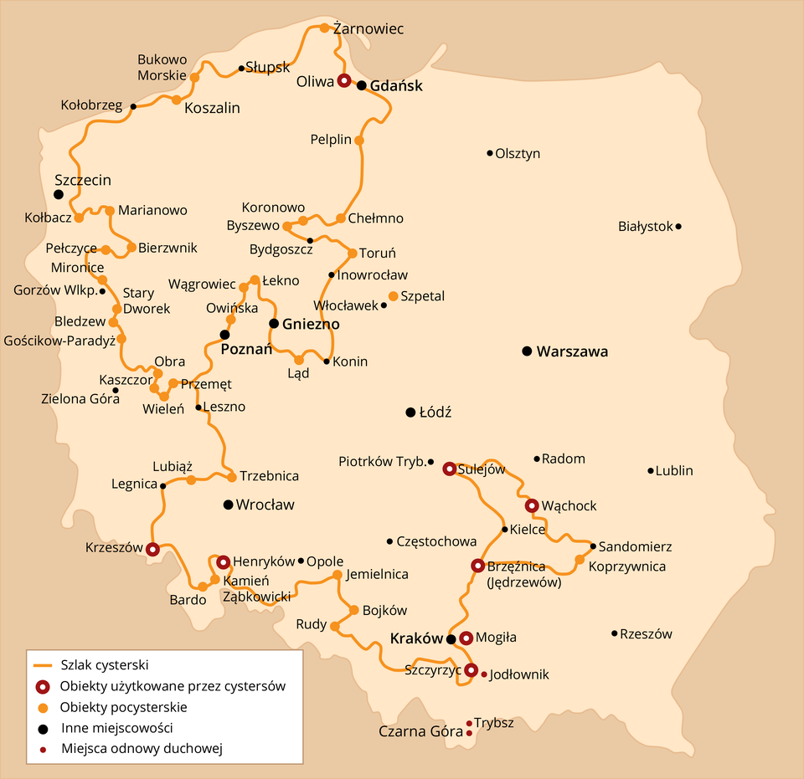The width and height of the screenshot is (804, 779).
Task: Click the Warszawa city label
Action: (573, 351)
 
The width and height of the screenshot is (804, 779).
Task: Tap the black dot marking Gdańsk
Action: (362, 85)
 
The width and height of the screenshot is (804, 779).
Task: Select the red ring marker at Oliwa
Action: (344, 81)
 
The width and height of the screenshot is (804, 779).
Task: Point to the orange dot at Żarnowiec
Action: (325, 28)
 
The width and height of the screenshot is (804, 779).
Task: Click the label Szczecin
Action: (83, 180)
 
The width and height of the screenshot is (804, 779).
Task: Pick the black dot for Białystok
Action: (678, 226)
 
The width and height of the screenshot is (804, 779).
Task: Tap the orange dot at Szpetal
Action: (394, 296)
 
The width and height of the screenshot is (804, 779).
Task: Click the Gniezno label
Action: (311, 324)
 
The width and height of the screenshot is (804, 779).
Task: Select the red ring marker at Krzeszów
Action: (152, 550)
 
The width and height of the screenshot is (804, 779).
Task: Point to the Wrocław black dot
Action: (228, 505)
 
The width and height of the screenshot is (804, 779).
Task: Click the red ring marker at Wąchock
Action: (532, 505)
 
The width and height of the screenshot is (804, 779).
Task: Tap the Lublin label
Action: (675, 471)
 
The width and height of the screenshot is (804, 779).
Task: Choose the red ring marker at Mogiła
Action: (466, 638)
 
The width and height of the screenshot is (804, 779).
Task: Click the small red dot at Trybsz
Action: (468, 723)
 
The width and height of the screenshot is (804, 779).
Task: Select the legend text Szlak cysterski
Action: (105, 666)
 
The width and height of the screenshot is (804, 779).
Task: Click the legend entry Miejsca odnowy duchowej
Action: (142, 748)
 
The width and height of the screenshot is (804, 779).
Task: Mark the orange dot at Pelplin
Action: (359, 141)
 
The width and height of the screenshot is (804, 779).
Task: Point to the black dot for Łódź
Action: (410, 413)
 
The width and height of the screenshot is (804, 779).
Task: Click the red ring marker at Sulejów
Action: (450, 469)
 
